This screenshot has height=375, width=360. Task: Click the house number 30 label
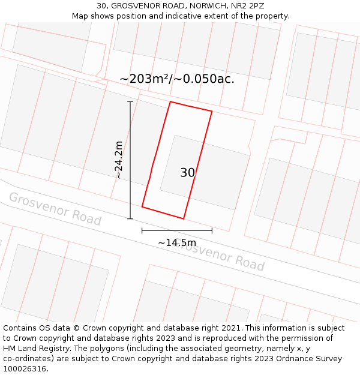pos(187,173)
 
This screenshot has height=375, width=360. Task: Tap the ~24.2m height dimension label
pos(119,160)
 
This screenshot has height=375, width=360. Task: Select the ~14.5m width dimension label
pos(176,242)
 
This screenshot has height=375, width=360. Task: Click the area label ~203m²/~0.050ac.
pos(177,79)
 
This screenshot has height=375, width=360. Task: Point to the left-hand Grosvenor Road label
pos(55,209)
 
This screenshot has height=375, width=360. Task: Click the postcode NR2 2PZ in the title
pos(244,5)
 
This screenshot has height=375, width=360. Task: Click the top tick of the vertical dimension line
pos(130,102)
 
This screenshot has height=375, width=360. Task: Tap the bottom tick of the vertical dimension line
pos(130,219)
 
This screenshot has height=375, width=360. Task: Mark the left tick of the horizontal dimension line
pos(142,230)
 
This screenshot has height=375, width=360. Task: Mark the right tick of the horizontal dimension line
pos(212,230)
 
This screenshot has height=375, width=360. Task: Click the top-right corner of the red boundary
pos(212,111)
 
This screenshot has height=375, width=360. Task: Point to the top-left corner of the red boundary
pos(170,101)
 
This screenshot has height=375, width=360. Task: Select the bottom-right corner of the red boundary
pos(183,218)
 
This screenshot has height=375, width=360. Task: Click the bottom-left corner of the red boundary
pos(142,207)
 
